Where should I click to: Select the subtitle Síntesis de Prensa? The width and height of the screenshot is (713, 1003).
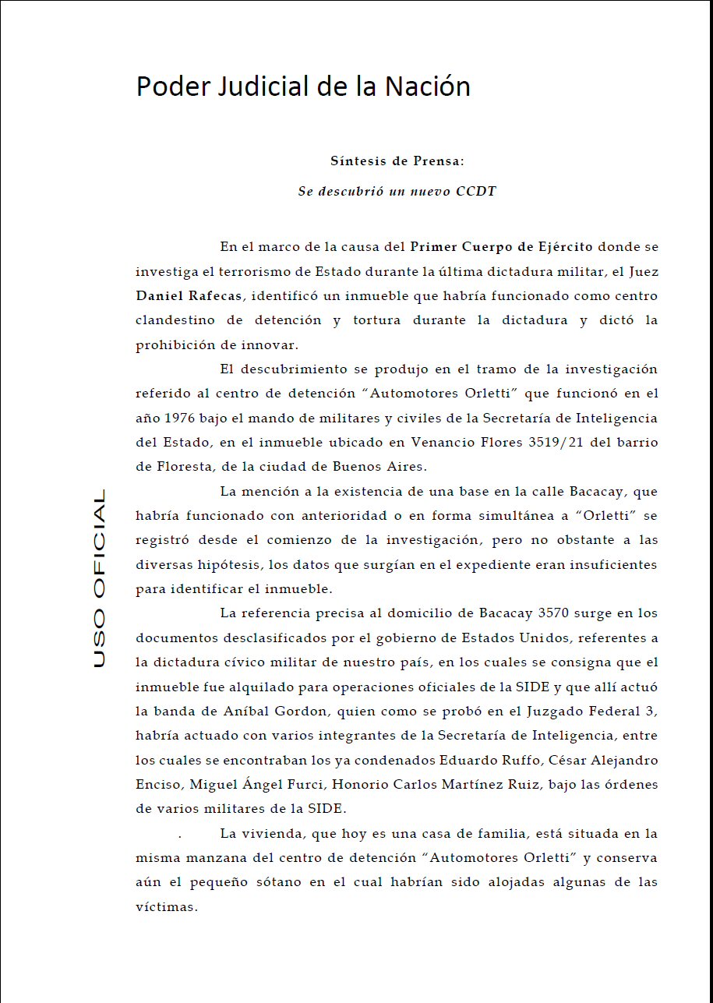[397, 161]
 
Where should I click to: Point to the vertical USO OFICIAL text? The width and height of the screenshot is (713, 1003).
[99, 578]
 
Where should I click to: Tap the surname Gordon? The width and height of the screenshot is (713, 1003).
[302, 711]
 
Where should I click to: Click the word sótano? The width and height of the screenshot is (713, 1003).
[306, 882]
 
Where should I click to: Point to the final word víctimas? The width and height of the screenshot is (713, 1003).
[167, 906]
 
